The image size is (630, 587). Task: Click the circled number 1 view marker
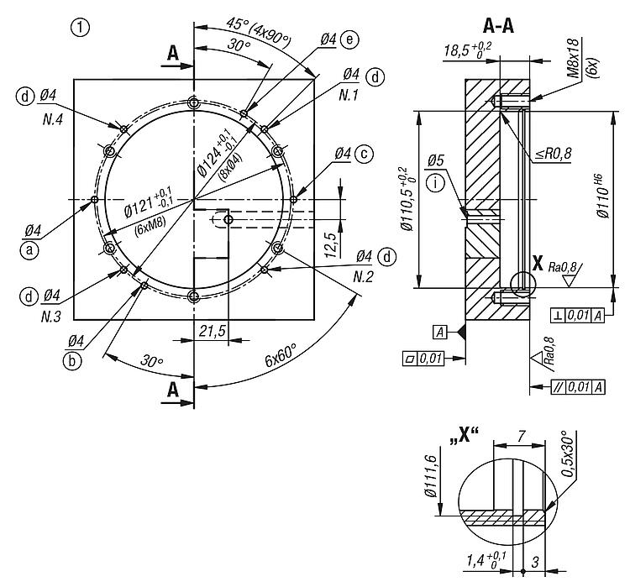point(80,28)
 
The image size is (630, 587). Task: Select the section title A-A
point(498,27)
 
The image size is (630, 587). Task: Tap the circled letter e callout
point(349,39)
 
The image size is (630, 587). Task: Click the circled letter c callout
point(364,154)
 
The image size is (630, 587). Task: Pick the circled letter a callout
point(29,250)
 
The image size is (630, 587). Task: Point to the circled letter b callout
point(72,360)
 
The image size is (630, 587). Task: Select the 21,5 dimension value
point(213,331)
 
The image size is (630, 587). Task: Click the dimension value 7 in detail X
point(521,436)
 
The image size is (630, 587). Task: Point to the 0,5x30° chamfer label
point(570,454)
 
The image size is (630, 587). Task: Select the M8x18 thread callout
point(574,59)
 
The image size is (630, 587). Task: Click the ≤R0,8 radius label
point(554,153)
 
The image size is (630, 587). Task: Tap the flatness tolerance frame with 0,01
point(423,358)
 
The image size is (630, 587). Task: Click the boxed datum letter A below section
point(440,332)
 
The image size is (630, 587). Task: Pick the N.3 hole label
point(51,317)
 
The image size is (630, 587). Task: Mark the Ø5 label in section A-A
point(436,160)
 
